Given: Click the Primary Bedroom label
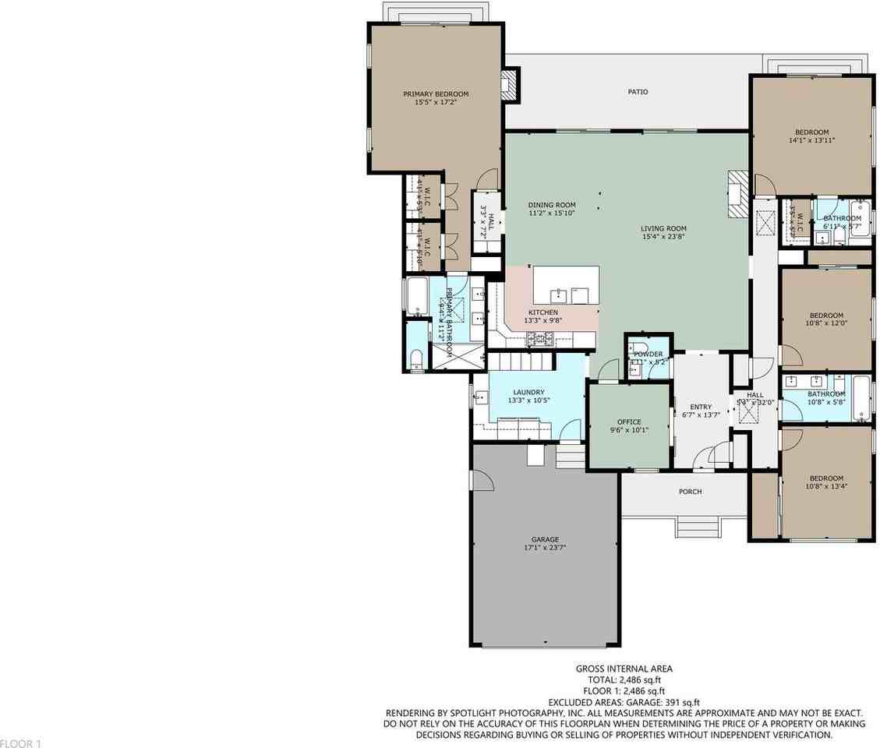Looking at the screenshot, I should (x=436, y=94).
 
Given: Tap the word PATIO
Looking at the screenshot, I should (x=638, y=92).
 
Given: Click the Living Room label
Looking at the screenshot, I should (x=663, y=228).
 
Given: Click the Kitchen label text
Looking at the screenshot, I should (x=543, y=312).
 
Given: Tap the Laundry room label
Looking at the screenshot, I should (x=528, y=392).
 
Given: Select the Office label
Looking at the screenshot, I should (x=628, y=422).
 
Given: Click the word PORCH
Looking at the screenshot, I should (x=690, y=492).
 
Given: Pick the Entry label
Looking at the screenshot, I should (x=701, y=406).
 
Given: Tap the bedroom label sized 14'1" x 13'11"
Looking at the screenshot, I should (x=811, y=132).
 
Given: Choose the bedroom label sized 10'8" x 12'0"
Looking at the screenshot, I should (x=825, y=316).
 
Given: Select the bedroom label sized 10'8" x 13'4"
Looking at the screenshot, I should (x=825, y=478).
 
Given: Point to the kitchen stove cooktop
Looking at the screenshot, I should (x=539, y=338).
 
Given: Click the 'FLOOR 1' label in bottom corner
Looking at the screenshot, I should (x=20, y=743).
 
